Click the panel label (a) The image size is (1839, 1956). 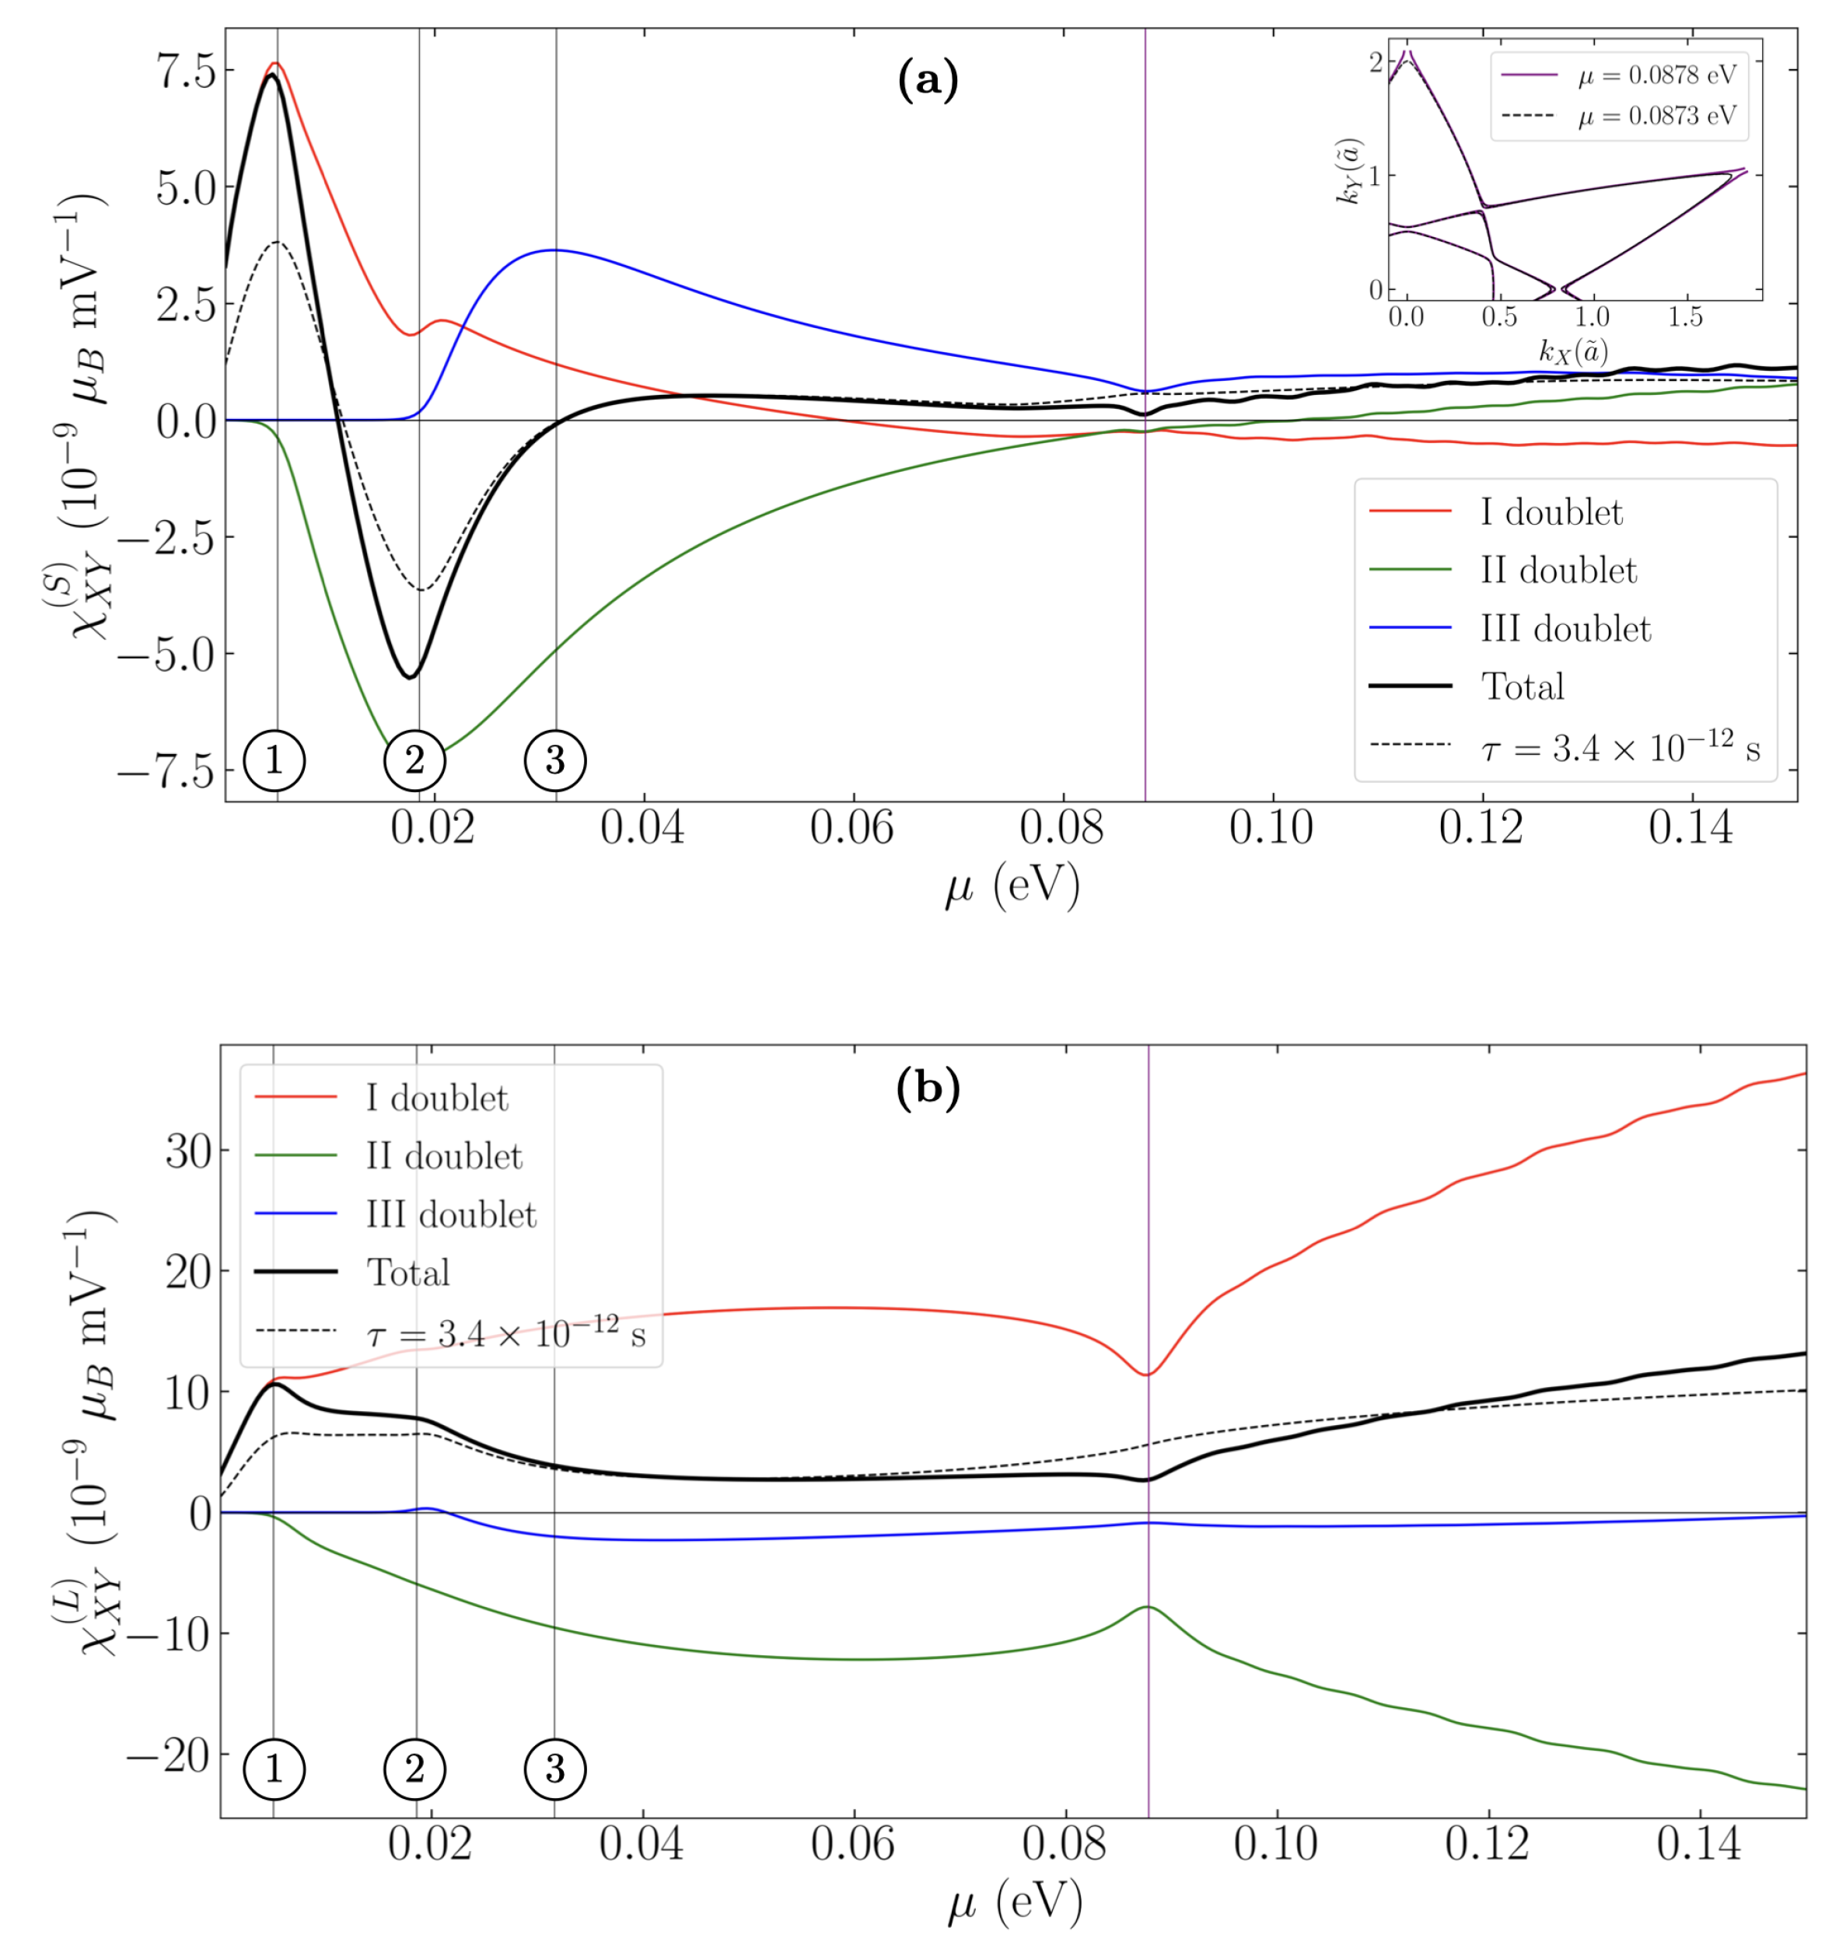[x=927, y=81]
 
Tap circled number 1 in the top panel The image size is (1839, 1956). [x=274, y=760]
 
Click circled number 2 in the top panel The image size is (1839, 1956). [x=414, y=760]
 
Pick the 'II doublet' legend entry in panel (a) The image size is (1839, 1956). [x=1558, y=571]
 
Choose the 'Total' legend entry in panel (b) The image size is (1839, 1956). [x=407, y=1272]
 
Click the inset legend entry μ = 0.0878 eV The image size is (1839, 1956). [x=1657, y=75]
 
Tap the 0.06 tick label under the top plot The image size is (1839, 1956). [x=851, y=829]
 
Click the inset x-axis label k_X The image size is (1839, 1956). [x=1572, y=351]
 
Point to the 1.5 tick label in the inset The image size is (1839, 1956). [x=1686, y=317]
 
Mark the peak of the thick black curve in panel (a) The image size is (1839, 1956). [x=271, y=75]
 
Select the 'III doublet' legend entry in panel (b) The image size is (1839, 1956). [x=451, y=1214]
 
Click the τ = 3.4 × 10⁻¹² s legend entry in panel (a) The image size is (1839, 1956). [x=1620, y=749]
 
